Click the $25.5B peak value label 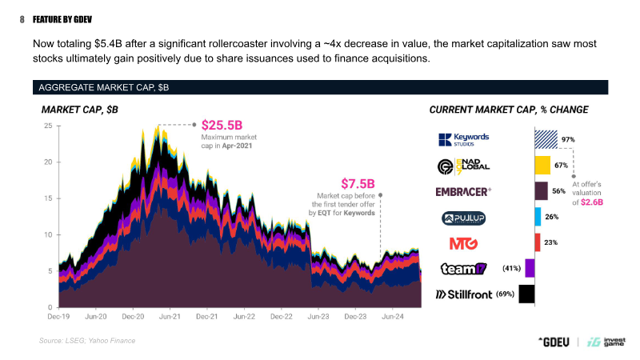coord(222,125)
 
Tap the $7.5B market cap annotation coord(358,184)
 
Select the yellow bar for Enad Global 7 coord(542,166)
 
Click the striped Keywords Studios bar coord(546,139)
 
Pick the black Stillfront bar coord(526,294)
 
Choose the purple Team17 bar coord(530,268)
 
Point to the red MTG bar coord(538,242)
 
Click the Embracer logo coord(463,191)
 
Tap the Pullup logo coord(464,218)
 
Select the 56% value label coord(558,191)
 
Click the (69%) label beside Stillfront coord(506,294)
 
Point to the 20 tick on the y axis coord(49,162)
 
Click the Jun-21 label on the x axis coord(170,317)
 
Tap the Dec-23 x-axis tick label coord(355,317)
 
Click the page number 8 coord(22,19)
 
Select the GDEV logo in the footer coord(554,342)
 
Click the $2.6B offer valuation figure coord(592,202)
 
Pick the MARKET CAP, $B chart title coord(79,110)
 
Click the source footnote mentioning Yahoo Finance coord(87,341)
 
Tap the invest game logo coord(606,342)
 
